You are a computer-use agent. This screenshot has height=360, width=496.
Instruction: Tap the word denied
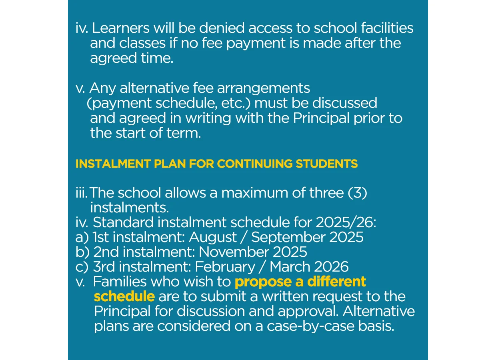(x=222, y=28)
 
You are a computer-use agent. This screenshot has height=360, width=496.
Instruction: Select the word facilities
(x=387, y=28)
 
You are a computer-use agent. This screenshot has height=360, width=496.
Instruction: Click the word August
(x=213, y=237)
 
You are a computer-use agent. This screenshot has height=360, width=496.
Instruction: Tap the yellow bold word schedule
(x=124, y=297)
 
